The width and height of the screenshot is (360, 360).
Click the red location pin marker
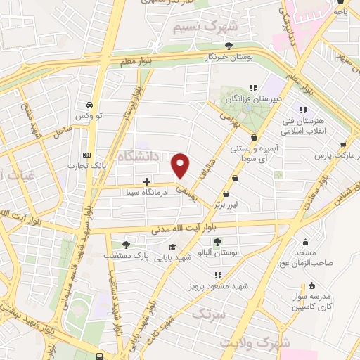pos(181,165)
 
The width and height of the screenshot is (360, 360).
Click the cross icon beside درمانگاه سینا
pos(146,181)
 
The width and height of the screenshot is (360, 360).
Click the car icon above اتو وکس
pos(89,103)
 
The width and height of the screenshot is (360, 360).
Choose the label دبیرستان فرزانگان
pos(257,99)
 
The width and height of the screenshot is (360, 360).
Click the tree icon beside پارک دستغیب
pos(125,245)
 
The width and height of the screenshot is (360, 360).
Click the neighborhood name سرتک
pos(212,311)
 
